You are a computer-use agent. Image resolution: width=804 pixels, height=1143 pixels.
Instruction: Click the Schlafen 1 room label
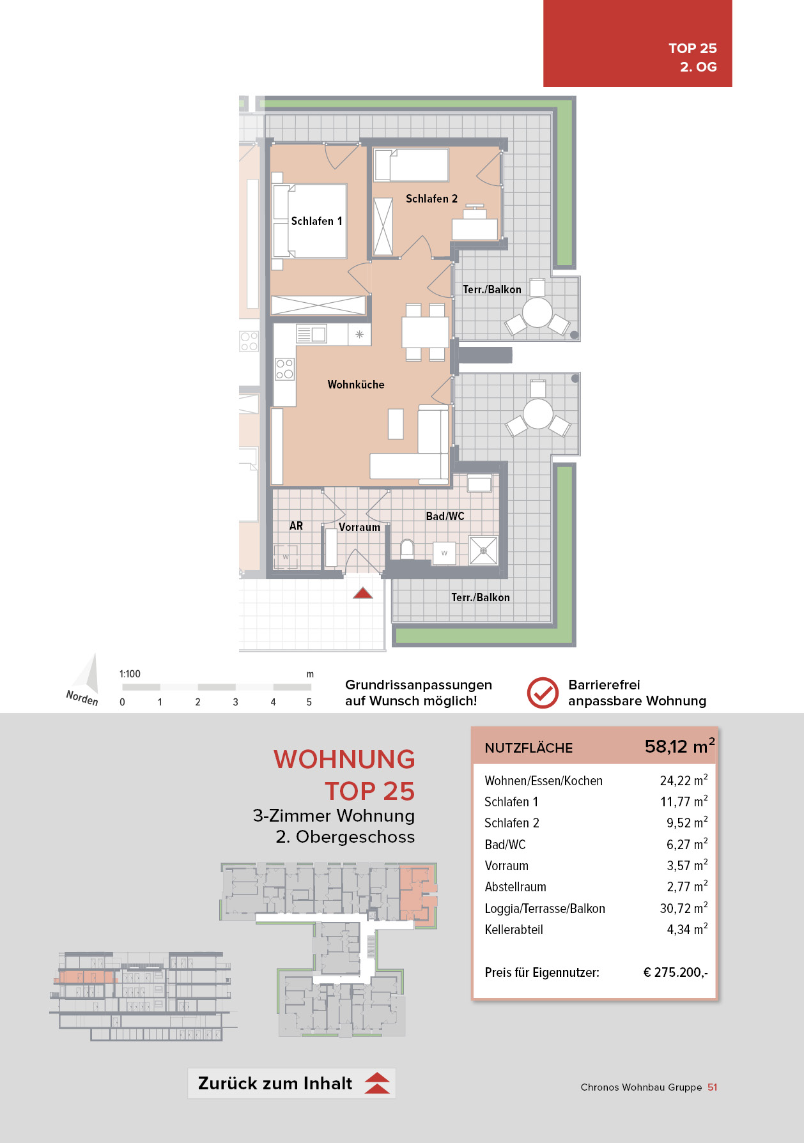tap(316, 221)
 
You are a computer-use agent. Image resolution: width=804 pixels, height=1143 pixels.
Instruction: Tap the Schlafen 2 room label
tap(431, 199)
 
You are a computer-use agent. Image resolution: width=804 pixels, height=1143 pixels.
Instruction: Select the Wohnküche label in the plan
tap(356, 385)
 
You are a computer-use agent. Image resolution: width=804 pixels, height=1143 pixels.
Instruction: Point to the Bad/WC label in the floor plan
tap(445, 516)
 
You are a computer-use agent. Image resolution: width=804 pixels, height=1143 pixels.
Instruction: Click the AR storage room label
tap(296, 526)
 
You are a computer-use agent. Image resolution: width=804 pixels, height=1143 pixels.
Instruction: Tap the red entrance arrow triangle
tap(363, 594)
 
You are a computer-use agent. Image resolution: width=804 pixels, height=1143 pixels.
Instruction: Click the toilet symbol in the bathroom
tap(407, 549)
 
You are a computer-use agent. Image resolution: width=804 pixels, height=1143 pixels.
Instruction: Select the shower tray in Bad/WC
tap(483, 551)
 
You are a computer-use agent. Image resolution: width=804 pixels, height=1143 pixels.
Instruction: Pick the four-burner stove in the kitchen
tap(284, 369)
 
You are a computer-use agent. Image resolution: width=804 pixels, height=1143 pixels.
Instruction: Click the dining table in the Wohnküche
tap(425, 332)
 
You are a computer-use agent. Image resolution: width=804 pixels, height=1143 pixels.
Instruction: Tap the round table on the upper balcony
tap(537, 313)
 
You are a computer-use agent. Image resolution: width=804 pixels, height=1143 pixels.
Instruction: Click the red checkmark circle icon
tap(543, 693)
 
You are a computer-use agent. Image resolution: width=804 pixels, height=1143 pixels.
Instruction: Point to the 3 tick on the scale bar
tap(235, 702)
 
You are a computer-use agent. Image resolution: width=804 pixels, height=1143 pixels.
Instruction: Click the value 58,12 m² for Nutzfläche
tap(679, 746)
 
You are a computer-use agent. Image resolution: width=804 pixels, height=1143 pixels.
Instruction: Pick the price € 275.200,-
tap(675, 972)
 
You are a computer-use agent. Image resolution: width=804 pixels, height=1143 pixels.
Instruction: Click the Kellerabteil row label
tap(514, 930)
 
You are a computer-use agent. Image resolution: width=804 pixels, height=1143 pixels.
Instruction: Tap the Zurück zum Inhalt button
tap(291, 1084)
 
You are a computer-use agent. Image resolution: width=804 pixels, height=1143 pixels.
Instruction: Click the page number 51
tap(713, 1087)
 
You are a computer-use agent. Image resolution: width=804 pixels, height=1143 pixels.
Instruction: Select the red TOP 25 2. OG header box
tap(637, 43)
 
